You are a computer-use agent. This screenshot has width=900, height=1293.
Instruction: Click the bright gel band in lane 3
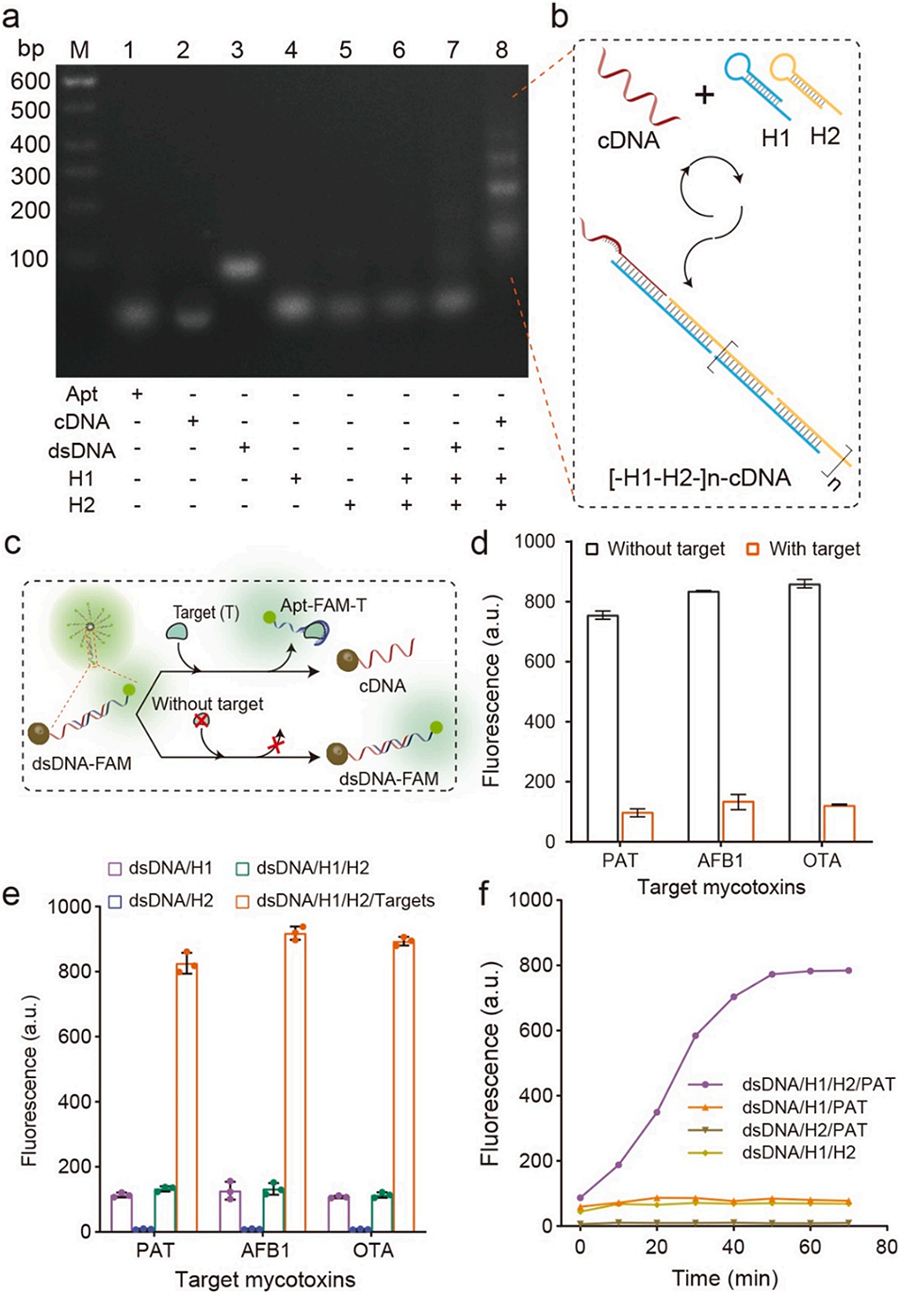[x=238, y=268]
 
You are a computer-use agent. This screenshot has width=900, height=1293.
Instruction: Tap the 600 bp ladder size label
[x=30, y=81]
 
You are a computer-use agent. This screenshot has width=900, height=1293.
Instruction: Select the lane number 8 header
[x=501, y=48]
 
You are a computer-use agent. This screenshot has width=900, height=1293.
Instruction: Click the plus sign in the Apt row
[x=137, y=393]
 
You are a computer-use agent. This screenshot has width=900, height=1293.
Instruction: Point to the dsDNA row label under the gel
[x=81, y=450]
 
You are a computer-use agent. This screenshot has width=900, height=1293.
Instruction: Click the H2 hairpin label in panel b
[x=825, y=136]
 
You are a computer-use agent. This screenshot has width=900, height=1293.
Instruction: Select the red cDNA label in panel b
[x=629, y=140]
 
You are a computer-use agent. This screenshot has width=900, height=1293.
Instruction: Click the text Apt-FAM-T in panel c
[x=322, y=605]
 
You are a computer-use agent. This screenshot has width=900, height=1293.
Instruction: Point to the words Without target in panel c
[x=207, y=703]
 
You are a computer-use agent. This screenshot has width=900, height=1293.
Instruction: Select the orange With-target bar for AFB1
[x=737, y=821]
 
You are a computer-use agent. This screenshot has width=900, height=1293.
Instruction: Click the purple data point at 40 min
[x=733, y=997]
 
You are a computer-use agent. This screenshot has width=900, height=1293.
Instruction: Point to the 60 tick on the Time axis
[x=810, y=1246]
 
